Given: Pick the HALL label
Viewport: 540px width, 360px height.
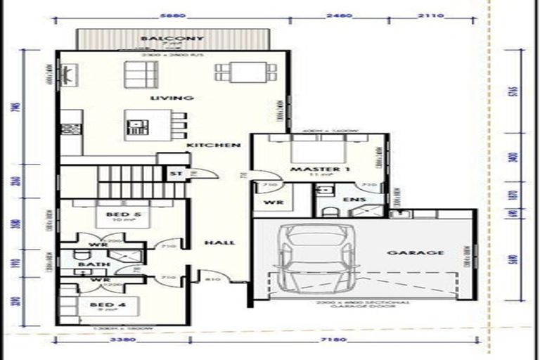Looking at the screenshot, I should [x=219, y=243].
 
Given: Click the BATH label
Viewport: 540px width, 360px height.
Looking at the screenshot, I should [x=89, y=265].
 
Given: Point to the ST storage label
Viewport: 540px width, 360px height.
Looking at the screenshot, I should [x=173, y=173].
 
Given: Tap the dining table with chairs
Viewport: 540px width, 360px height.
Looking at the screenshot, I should [x=242, y=72].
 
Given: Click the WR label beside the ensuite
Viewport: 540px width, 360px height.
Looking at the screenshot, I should [x=269, y=201].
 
